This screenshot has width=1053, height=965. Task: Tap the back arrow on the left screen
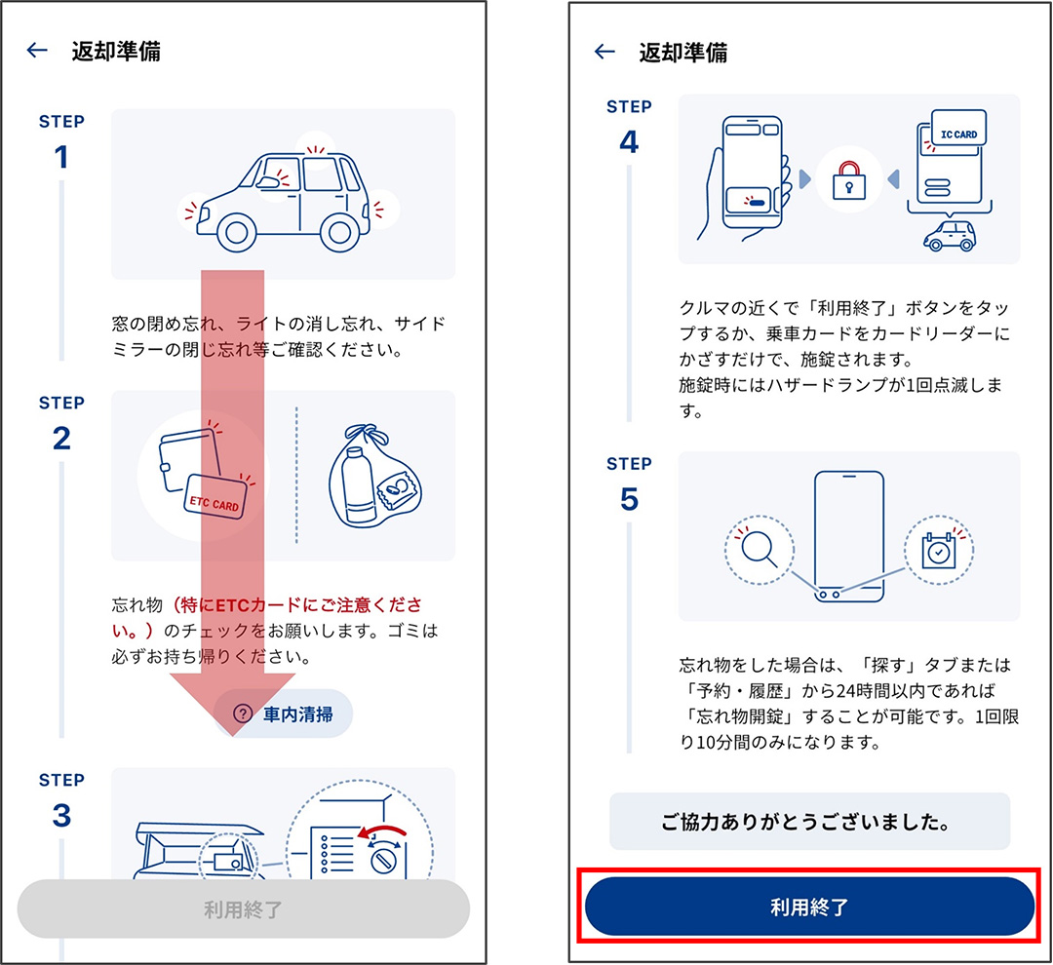(x=37, y=50)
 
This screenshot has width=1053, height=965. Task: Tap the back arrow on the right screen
(x=604, y=51)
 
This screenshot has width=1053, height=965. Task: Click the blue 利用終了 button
(x=809, y=907)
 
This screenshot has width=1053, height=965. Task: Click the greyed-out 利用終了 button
(x=243, y=909)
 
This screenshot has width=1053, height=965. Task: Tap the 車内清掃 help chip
(x=283, y=714)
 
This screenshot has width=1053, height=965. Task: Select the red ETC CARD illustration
(x=214, y=496)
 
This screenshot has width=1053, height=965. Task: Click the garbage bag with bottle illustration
(x=373, y=476)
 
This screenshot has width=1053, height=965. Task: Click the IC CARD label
(x=958, y=135)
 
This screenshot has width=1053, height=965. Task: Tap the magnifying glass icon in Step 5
(x=759, y=550)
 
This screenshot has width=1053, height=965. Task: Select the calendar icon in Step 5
(x=938, y=550)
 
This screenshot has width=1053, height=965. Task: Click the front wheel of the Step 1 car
(x=236, y=232)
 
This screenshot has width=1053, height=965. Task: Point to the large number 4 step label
(x=629, y=141)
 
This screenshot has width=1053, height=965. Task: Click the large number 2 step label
(x=61, y=439)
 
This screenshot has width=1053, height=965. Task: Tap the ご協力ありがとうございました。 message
(x=809, y=822)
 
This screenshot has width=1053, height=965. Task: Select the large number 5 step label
(x=629, y=499)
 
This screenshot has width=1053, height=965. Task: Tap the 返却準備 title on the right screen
(x=682, y=52)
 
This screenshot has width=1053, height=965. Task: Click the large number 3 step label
(x=61, y=815)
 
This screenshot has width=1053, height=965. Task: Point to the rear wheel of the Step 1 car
(x=340, y=232)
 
